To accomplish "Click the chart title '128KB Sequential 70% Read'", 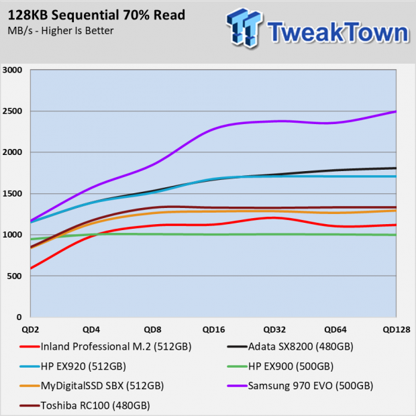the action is coord(97,15).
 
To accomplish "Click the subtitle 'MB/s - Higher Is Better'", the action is coord(60,31).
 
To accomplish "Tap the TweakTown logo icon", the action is coord(244,28).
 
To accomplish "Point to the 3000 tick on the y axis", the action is coord(12,70).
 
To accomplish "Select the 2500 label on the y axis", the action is coord(12,111).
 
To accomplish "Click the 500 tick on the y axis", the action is coord(15,276).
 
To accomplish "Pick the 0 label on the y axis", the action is coord(19,317).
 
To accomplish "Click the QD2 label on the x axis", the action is coord(30,329).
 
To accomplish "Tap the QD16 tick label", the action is coord(213,329).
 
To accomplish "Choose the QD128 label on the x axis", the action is coord(397,329).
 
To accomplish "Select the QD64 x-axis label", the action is coord(335,329).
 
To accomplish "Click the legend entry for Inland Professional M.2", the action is coord(105,347).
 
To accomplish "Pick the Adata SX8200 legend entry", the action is coord(291,347).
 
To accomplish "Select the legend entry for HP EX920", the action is coord(72,366).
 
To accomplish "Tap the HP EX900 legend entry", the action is coord(280,366).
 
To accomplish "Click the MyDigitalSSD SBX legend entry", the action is coord(91,386).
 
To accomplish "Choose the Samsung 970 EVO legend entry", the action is coord(300,386).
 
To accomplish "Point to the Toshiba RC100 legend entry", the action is coord(85,406).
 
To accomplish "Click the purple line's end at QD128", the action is coord(396,111).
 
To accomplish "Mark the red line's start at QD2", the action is coord(31,268).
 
